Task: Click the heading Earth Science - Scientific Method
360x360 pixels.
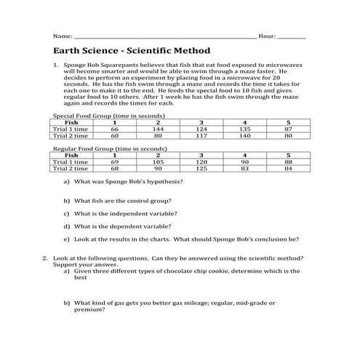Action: point(132,51)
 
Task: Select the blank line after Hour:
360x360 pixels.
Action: point(292,36)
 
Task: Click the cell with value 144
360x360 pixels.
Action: point(158,129)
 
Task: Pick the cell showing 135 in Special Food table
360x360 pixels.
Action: point(244,129)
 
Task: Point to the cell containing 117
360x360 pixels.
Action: point(201,135)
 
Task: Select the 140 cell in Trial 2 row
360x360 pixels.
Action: point(244,135)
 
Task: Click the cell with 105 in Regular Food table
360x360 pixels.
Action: point(158,161)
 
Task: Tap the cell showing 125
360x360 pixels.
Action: point(201,168)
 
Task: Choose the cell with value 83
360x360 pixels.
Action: point(244,168)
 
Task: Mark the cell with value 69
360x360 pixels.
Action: point(114,161)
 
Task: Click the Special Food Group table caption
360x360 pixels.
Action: point(109,116)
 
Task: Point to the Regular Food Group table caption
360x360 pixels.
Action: point(110,148)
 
